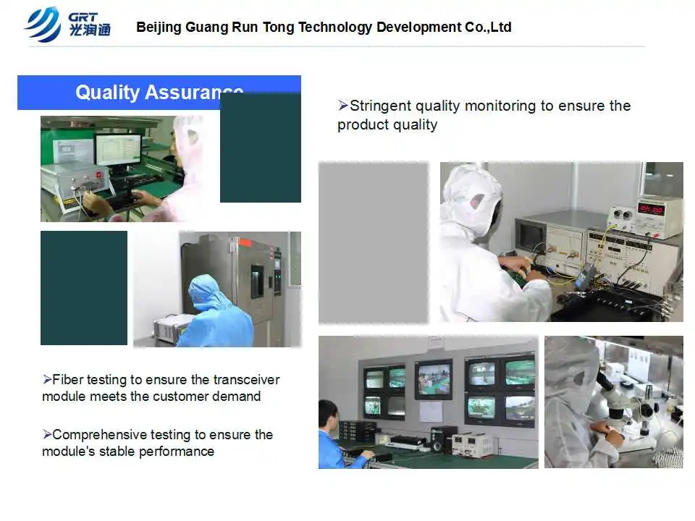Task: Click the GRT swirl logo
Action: [x=43, y=25]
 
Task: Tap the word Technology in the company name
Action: [x=335, y=27]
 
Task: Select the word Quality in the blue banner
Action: [x=107, y=93]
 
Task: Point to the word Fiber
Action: [x=67, y=380]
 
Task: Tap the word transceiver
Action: [x=246, y=380]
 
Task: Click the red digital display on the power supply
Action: [x=651, y=208]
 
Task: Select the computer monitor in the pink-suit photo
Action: [x=119, y=151]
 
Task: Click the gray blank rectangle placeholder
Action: [x=374, y=243]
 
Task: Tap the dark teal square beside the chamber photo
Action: [x=84, y=288]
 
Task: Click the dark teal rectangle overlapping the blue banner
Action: [x=261, y=148]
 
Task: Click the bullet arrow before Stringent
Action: [x=343, y=106]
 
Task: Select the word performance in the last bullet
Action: [x=177, y=452]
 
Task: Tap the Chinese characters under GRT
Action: [x=90, y=30]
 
